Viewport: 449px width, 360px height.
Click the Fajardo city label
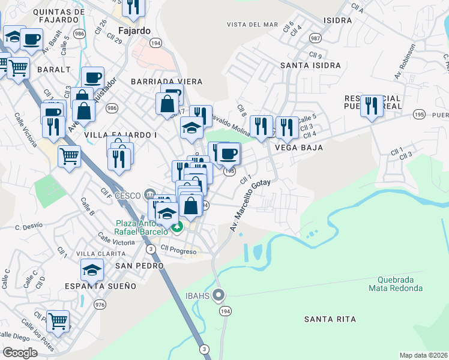tap(134, 30)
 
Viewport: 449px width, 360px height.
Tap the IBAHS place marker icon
tap(219, 295)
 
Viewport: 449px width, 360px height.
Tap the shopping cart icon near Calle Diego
tap(58, 321)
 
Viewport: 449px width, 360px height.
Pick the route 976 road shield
tap(99, 305)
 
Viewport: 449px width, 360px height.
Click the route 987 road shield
tap(314, 38)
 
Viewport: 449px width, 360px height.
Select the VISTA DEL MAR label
tap(252, 25)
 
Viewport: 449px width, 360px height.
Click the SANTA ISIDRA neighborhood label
tap(310, 65)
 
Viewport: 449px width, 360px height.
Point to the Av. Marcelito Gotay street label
tap(250, 206)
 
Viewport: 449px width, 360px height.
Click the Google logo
tap(20, 353)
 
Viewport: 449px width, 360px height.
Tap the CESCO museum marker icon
tap(149, 194)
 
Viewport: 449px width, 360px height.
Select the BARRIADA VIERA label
tap(166, 81)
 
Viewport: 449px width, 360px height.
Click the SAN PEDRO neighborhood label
tap(139, 265)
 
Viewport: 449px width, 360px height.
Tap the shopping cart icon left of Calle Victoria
tap(70, 156)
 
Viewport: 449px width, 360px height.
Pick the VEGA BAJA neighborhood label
tap(299, 147)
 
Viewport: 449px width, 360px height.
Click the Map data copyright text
tap(423, 355)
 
